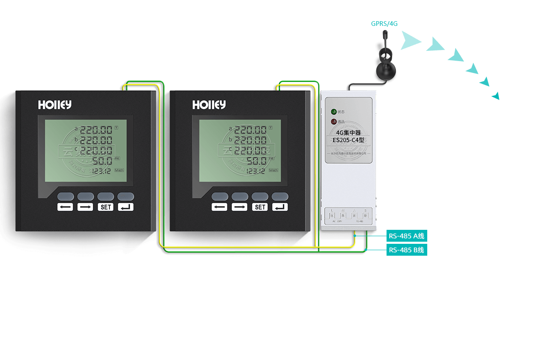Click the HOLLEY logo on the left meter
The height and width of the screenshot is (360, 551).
pyautogui.click(x=55, y=105)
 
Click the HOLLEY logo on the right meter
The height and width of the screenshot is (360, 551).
pyautogui.click(x=209, y=105)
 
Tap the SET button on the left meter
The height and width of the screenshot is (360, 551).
pyautogui.click(x=106, y=207)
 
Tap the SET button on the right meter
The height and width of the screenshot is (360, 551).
pyautogui.click(x=260, y=207)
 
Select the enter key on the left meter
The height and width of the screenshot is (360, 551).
pyautogui.click(x=126, y=207)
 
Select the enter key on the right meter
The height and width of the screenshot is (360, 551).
pyautogui.click(x=280, y=207)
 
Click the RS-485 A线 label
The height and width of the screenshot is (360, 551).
pyautogui.click(x=406, y=236)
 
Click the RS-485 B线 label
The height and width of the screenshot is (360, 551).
pyautogui.click(x=406, y=250)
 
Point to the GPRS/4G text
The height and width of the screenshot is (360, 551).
pyautogui.click(x=384, y=24)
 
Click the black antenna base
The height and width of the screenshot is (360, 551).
pyautogui.click(x=386, y=70)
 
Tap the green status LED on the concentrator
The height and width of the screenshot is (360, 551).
pyautogui.click(x=334, y=112)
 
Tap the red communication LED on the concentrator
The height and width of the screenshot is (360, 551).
pyautogui.click(x=334, y=122)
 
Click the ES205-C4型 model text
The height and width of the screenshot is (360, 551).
pyautogui.click(x=348, y=140)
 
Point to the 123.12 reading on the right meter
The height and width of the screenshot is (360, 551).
pyautogui.click(x=255, y=171)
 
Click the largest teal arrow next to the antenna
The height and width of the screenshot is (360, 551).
pyautogui.click(x=409, y=41)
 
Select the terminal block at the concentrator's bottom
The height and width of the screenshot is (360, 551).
pyautogui.click(x=348, y=216)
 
